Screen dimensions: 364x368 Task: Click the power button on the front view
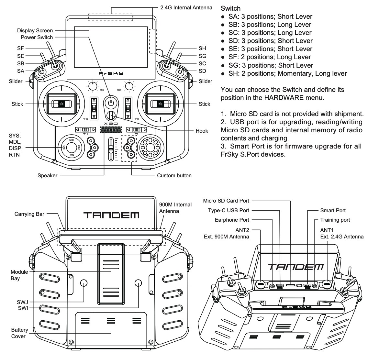[x=111, y=103]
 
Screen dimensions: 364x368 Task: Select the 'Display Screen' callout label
[x=35, y=30]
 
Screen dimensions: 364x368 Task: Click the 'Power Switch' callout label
[x=39, y=37]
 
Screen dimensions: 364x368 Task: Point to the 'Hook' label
[x=202, y=131]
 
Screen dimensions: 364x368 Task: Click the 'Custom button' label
[x=174, y=176]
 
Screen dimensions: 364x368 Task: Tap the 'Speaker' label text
[x=47, y=176]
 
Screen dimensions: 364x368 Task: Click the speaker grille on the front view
[x=111, y=130]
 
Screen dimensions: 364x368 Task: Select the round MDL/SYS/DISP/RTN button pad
[x=70, y=148]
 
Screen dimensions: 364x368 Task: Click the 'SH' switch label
[x=202, y=48]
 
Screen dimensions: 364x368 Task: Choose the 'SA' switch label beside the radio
[x=21, y=71]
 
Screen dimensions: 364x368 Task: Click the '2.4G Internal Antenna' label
[x=186, y=7]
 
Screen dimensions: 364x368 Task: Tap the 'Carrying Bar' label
[x=29, y=214]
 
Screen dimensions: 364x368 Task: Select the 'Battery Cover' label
[x=20, y=333]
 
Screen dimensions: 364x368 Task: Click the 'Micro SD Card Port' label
[x=226, y=201]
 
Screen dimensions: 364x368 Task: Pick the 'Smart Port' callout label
[x=333, y=210]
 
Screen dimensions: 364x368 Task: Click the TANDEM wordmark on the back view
[x=111, y=215]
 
